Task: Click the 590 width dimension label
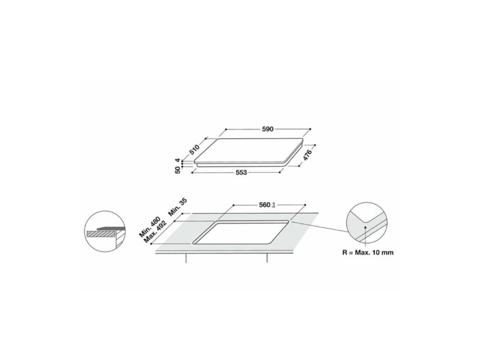click(268, 129)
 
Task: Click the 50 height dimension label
click(178, 170)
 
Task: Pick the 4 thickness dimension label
click(178, 160)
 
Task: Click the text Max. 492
click(154, 233)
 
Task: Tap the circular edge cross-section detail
click(102, 232)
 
